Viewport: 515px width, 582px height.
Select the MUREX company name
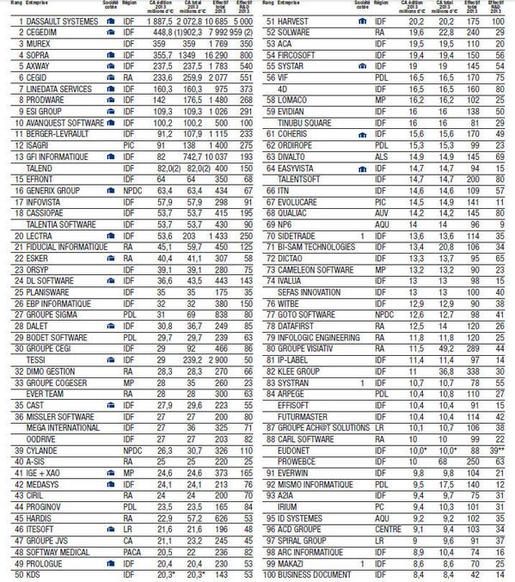coord(33,40)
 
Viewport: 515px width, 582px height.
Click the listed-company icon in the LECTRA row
coord(111,235)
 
